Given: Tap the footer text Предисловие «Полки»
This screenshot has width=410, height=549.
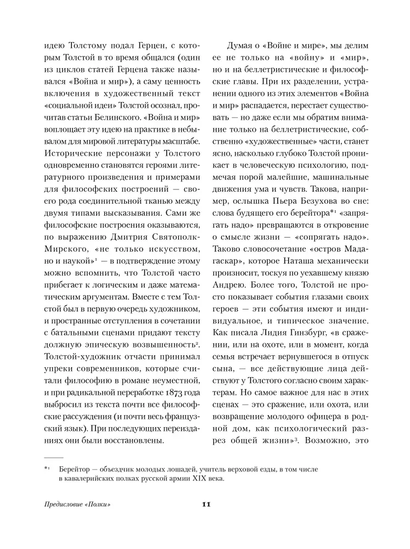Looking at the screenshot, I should coord(74,505).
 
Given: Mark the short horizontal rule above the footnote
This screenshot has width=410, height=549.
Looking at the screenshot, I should coord(54,457).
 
